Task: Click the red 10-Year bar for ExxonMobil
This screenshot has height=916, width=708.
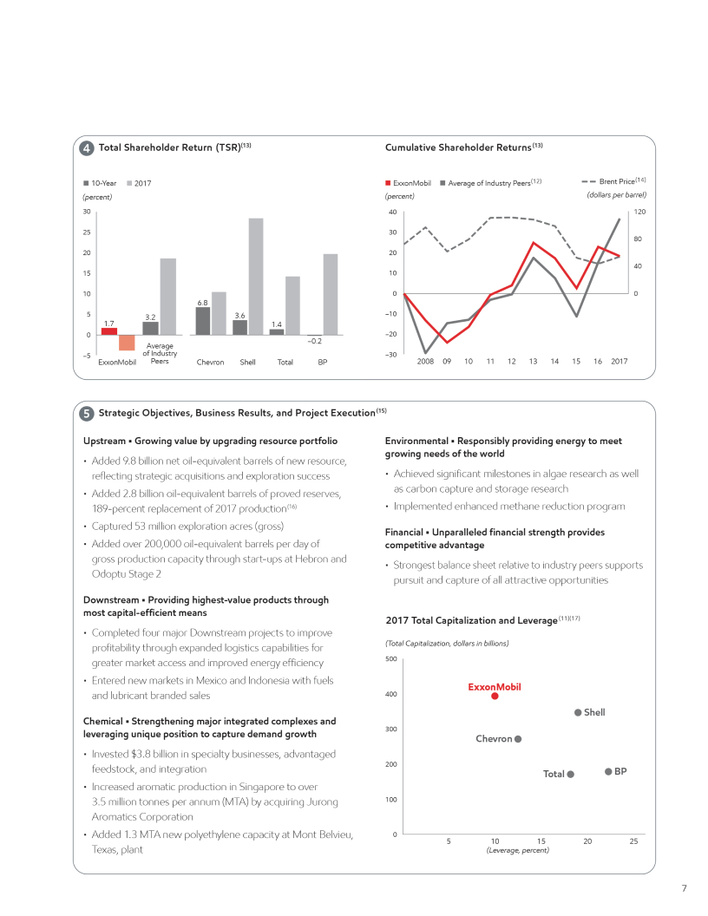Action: coord(109,330)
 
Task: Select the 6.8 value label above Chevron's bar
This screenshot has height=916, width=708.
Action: coord(202,302)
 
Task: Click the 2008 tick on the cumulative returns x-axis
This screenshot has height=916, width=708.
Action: coord(424,361)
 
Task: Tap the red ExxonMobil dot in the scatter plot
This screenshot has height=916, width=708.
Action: coord(495,696)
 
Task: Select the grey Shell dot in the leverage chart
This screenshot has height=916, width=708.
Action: coord(578,713)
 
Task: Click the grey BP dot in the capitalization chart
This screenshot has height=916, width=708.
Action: coord(608,771)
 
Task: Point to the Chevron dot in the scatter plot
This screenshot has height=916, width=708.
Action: coord(518,739)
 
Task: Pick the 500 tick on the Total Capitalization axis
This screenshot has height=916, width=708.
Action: coord(390,659)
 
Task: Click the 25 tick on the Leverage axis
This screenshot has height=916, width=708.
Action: coord(633,841)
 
